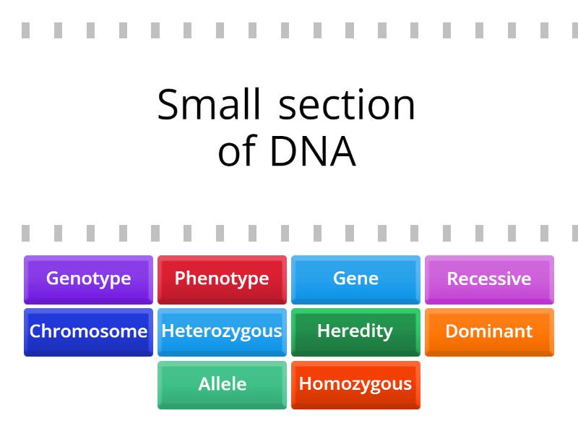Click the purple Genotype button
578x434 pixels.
[88, 279]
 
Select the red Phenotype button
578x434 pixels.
[222, 279]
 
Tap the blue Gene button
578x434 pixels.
[355, 279]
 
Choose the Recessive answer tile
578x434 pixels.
[489, 279]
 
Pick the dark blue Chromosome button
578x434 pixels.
[88, 332]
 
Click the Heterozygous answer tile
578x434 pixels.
[222, 332]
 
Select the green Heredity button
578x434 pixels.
[355, 332]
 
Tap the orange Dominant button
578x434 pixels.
[489, 332]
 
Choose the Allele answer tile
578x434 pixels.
[222, 385]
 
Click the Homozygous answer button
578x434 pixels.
[355, 385]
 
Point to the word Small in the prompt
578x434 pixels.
[208, 105]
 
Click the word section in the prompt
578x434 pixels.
[348, 105]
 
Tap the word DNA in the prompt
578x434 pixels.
[313, 152]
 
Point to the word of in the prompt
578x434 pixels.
[237, 152]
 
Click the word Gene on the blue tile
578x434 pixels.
[355, 278]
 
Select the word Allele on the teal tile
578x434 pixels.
[222, 384]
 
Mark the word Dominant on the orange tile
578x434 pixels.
[489, 331]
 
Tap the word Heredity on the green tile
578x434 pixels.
[355, 331]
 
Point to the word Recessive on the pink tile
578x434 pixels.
[489, 278]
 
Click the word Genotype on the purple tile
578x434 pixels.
[88, 278]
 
